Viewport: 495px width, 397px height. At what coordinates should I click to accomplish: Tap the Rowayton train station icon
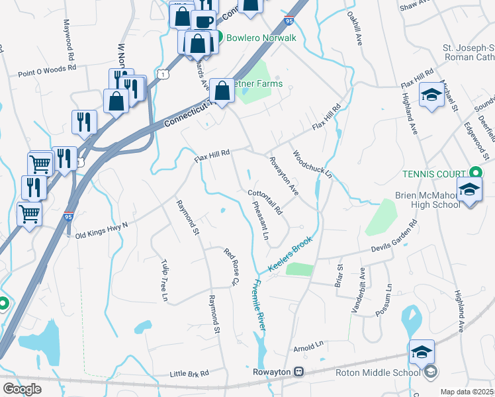coord(299,372)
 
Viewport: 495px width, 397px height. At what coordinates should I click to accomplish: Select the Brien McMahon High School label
coord(427,200)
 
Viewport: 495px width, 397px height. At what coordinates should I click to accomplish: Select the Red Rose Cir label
coord(230,267)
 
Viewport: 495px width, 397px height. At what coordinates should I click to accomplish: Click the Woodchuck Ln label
coord(312,163)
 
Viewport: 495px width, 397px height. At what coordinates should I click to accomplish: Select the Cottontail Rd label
coord(265,202)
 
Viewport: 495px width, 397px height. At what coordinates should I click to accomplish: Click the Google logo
coord(22,388)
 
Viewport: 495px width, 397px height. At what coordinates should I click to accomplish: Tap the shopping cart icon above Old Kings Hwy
coord(30,213)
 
